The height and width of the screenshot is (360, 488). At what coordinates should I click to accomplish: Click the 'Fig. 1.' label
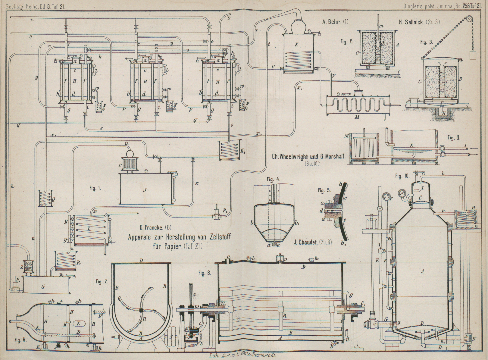click(95, 189)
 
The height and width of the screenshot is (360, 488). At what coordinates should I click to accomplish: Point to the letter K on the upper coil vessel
click(296, 44)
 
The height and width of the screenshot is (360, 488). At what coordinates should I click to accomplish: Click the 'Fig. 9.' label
click(454, 138)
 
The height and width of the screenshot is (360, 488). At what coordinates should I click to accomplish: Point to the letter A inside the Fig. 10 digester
click(422, 272)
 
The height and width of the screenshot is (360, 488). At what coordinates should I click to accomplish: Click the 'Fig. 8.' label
click(205, 273)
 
